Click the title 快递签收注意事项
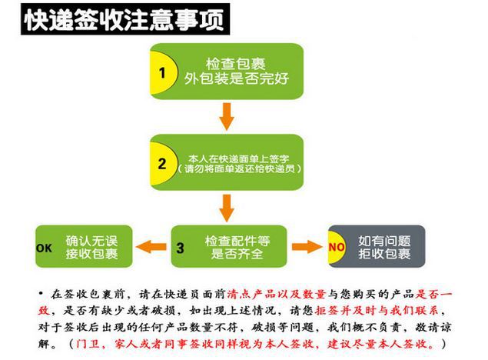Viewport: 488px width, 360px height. pyautogui.click(x=124, y=20)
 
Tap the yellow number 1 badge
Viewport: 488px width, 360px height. pyautogui.click(x=162, y=72)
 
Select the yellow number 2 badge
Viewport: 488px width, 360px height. pyautogui.click(x=162, y=163)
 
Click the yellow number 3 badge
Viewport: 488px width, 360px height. pyautogui.click(x=181, y=248)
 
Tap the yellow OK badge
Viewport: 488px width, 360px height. pyautogui.click(x=45, y=248)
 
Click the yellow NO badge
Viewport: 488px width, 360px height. pyautogui.click(x=337, y=248)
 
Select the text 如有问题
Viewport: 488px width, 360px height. pyautogui.click(x=384, y=240)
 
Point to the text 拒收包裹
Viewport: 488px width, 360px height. pyautogui.click(x=384, y=255)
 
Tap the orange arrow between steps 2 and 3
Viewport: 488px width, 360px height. pyautogui.click(x=227, y=205)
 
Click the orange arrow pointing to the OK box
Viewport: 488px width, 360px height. pyautogui.click(x=151, y=247)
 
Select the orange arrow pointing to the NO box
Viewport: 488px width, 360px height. pyautogui.click(x=306, y=247)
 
